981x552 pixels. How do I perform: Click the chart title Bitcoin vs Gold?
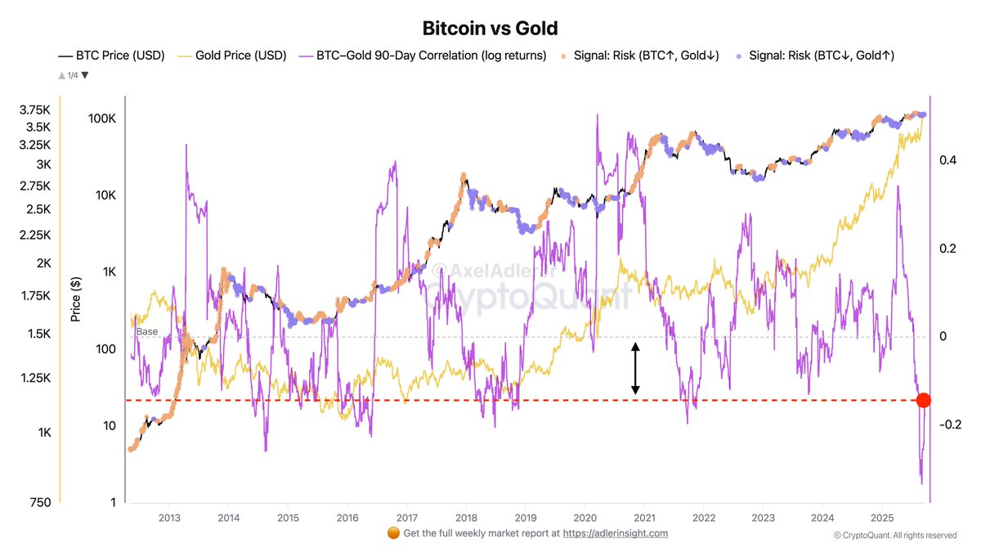point(490,28)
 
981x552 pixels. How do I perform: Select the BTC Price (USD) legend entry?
point(111,56)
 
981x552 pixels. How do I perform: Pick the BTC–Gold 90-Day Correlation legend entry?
point(423,56)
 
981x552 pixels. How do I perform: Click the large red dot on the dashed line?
point(923,400)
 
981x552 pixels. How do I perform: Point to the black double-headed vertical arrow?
point(635,368)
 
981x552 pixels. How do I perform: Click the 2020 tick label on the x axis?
point(585,518)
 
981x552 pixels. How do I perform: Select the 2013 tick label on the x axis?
point(169,518)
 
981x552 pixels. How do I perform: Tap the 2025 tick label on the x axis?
point(882,518)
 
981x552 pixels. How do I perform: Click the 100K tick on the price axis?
point(101,119)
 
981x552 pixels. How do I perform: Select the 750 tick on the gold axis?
point(39,502)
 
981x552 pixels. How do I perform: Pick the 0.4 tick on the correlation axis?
point(948,160)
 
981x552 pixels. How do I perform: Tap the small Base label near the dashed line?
point(146,331)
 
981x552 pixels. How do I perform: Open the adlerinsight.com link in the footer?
point(615,533)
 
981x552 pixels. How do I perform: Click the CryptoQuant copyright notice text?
point(894,536)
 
